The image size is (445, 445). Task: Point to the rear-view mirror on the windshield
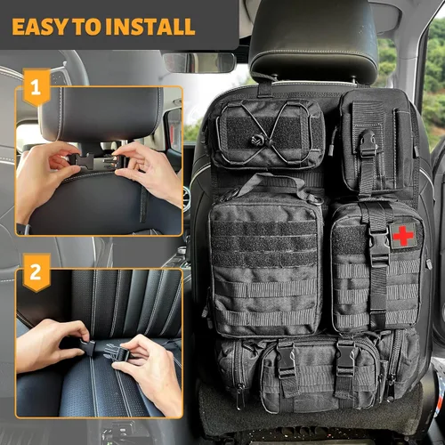[198, 62]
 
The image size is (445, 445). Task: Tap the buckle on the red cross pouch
[379, 243]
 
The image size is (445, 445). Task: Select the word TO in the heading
[92, 26]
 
